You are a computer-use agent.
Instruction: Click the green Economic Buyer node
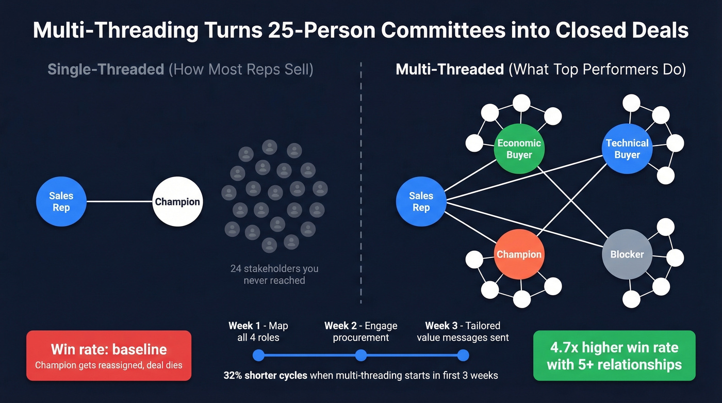[519, 149]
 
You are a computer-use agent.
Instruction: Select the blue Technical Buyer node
[627, 149]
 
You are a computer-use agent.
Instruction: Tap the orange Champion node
[519, 254]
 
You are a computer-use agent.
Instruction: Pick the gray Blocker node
[627, 254]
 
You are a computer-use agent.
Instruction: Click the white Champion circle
[177, 202]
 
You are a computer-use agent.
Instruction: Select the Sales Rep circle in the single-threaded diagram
[61, 202]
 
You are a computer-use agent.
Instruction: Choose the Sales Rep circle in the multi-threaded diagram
[421, 202]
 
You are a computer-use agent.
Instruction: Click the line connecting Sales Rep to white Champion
[120, 202]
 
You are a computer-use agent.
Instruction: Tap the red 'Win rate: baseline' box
[109, 356]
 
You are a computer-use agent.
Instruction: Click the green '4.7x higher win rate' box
[614, 356]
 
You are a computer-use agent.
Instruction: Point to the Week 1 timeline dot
[259, 355]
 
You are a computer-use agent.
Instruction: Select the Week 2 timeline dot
[361, 355]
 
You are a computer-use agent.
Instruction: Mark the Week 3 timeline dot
[463, 355]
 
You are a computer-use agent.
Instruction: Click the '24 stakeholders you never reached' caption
[274, 275]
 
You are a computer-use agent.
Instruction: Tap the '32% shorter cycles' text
[266, 375]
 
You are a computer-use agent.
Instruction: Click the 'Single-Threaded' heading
[106, 69]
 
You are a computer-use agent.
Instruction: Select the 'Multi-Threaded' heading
[450, 69]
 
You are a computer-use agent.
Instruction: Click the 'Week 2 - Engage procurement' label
[361, 332]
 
